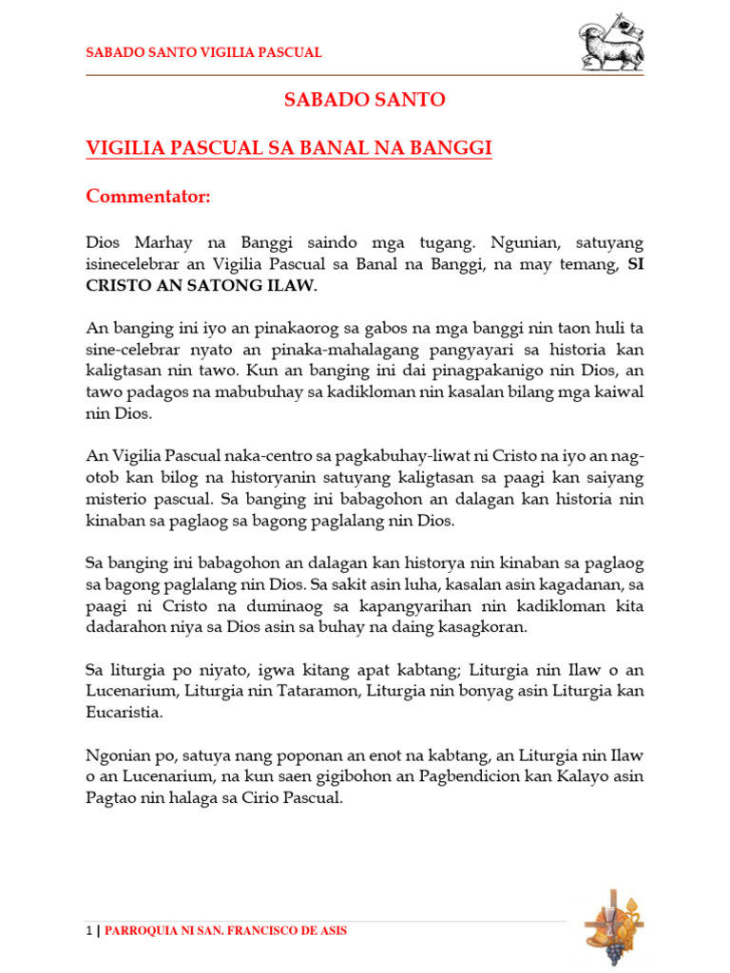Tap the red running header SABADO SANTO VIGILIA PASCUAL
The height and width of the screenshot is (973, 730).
tap(203, 53)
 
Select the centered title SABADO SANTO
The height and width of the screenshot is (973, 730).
tap(365, 100)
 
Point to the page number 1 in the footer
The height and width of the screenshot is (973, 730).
tap(89, 930)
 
